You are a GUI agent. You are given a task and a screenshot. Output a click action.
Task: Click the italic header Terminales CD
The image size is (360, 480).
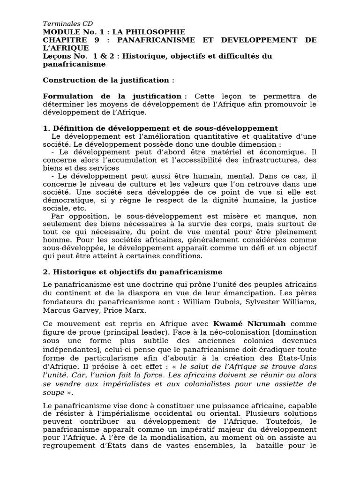67,24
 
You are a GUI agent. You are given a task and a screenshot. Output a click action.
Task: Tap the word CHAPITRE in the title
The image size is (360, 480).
62,40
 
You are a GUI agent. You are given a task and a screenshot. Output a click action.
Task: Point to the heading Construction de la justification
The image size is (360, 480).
108,80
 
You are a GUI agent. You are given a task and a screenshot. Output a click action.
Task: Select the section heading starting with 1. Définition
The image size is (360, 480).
160,128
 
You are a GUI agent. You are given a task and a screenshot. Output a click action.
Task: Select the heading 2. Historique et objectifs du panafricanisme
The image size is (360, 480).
133,272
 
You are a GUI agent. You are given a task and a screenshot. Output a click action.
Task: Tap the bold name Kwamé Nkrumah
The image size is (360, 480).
249,324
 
